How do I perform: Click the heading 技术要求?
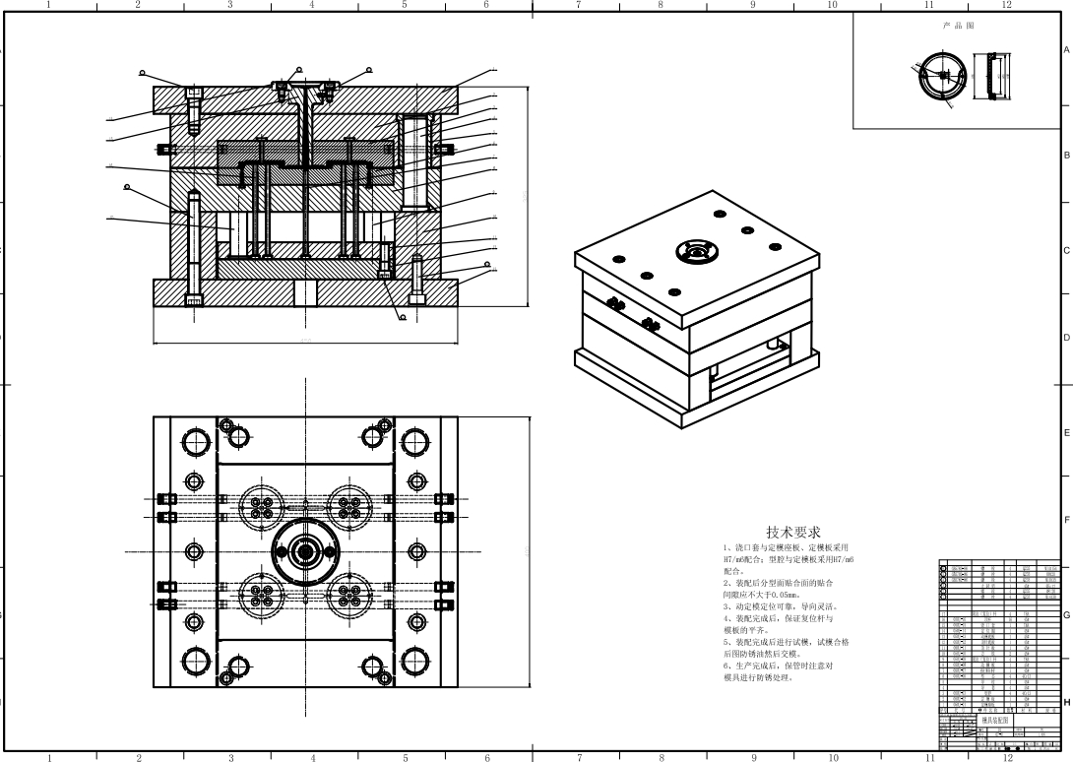793,532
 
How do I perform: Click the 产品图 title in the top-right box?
958,26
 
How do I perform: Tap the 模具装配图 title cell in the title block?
995,721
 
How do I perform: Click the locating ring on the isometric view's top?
698,251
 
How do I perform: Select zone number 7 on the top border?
578,5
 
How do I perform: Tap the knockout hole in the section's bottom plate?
305,293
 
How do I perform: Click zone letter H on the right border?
1066,702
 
